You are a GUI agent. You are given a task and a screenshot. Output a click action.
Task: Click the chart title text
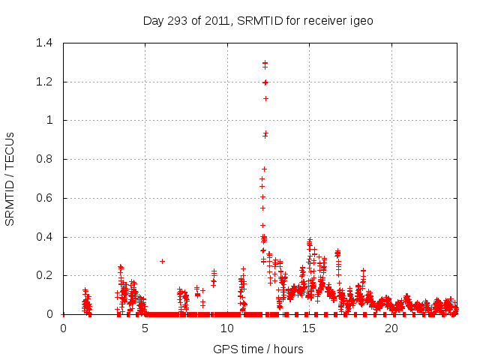point(258,21)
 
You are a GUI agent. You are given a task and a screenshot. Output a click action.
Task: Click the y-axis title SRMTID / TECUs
point(10,178)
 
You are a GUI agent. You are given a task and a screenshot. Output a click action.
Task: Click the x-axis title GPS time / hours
point(258,349)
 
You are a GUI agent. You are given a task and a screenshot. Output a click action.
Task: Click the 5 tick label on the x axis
point(145,328)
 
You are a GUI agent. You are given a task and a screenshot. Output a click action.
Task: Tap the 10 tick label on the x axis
point(227,328)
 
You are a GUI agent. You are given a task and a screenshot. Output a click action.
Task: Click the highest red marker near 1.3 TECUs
point(265,63)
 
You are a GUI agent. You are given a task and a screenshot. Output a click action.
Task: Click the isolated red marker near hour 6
point(162,261)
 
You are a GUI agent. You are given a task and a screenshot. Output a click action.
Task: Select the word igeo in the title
point(361,21)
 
